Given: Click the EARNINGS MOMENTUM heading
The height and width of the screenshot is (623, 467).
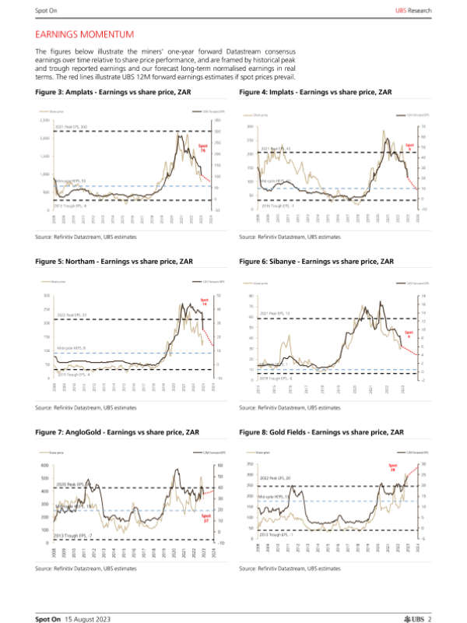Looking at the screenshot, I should pos(85,34).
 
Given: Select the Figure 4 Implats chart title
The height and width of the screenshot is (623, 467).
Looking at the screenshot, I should pos(316,91).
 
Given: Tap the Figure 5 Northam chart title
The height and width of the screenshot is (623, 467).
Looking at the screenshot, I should pos(115,262).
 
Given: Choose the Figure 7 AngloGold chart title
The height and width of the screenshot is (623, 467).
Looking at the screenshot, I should pos(119,431).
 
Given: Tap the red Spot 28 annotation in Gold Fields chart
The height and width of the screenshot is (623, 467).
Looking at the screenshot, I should pos(393,468).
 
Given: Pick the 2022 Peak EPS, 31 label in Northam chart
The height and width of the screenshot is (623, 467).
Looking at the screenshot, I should pos(72,315).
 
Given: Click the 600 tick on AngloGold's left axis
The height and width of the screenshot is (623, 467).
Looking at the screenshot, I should pos(46,466).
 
